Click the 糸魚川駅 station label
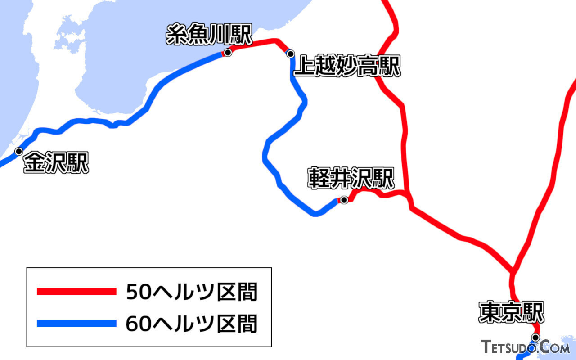tap(208, 35)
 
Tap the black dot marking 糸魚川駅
tap(228, 53)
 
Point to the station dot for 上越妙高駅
tap(291, 54)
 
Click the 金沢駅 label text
tap(56, 163)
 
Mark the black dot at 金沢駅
tap(19, 151)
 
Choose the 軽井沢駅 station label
tap(351, 178)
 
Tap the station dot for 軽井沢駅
tap(344, 200)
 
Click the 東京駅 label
tap(511, 312)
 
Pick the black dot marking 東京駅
tap(535, 337)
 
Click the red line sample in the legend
tap(76, 292)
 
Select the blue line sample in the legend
tap(76, 323)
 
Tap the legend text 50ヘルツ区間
tap(192, 292)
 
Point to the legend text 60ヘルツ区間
tap(192, 324)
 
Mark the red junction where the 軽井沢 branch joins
tap(408, 194)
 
